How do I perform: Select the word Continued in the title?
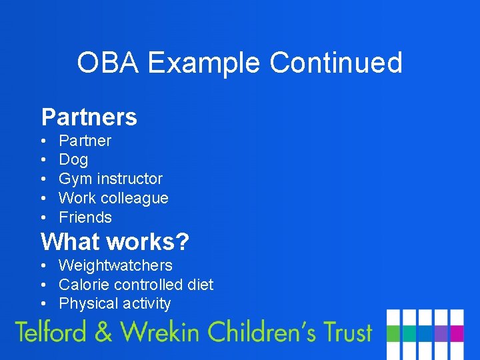tap(336, 63)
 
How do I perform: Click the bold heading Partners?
tap(89, 117)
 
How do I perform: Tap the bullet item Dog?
tap(73, 160)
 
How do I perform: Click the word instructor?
tap(129, 179)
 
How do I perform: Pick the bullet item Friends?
tap(85, 217)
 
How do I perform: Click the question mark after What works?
tap(182, 241)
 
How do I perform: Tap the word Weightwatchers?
tap(115, 265)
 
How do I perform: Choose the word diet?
tap(200, 285)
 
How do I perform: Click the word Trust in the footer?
tap(343, 331)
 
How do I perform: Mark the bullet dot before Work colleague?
tap(43, 199)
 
